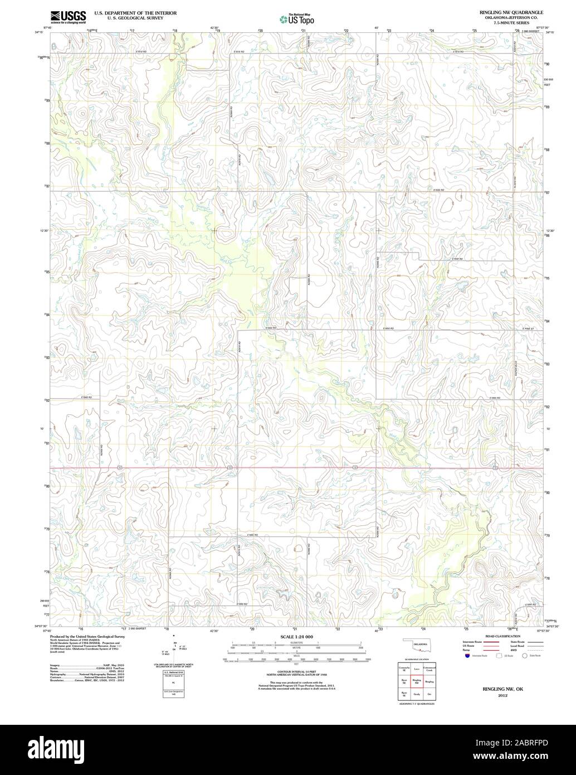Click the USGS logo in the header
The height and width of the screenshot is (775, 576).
(67, 17)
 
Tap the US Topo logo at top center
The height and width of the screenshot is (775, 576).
(297, 19)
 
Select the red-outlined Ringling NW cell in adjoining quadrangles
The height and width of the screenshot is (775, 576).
(416, 682)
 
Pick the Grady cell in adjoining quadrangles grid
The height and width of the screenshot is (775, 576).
(416, 695)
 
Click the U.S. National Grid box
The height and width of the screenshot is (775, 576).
(174, 681)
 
